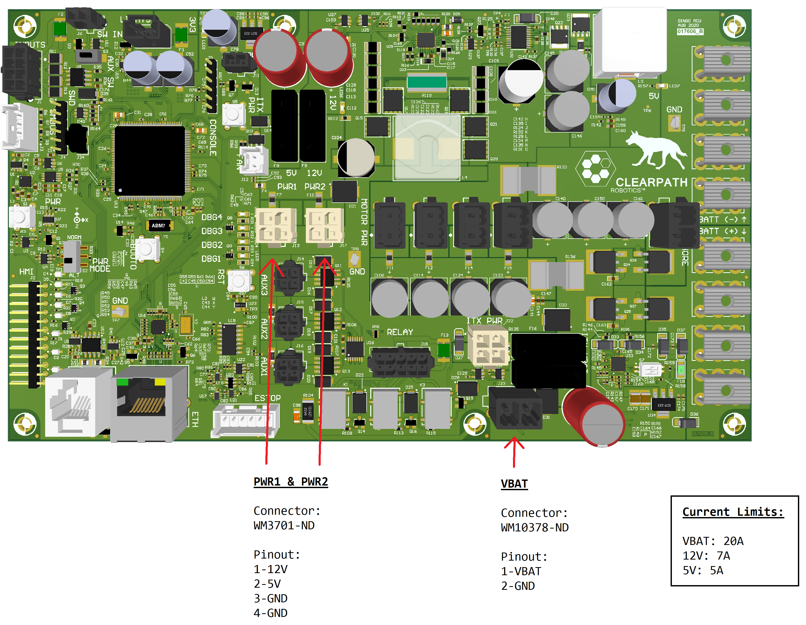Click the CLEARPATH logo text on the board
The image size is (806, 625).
pos(651,182)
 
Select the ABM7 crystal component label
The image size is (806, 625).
pos(158,225)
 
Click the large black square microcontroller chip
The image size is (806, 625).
pos(150,161)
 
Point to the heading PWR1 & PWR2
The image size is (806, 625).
pos(290,482)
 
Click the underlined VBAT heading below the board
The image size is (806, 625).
pos(514,483)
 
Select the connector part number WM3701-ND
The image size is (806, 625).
pos(284,525)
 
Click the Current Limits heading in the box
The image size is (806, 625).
pos(733,512)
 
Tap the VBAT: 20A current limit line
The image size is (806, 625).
pos(713,541)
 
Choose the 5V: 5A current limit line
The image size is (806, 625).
pos(703,571)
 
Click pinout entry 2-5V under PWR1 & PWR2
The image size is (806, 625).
pos(267,584)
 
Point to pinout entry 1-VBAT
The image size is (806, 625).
pos(521,571)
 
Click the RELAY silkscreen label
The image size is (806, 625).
pos(400,332)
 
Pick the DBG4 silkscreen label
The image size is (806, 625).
pos(212,217)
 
